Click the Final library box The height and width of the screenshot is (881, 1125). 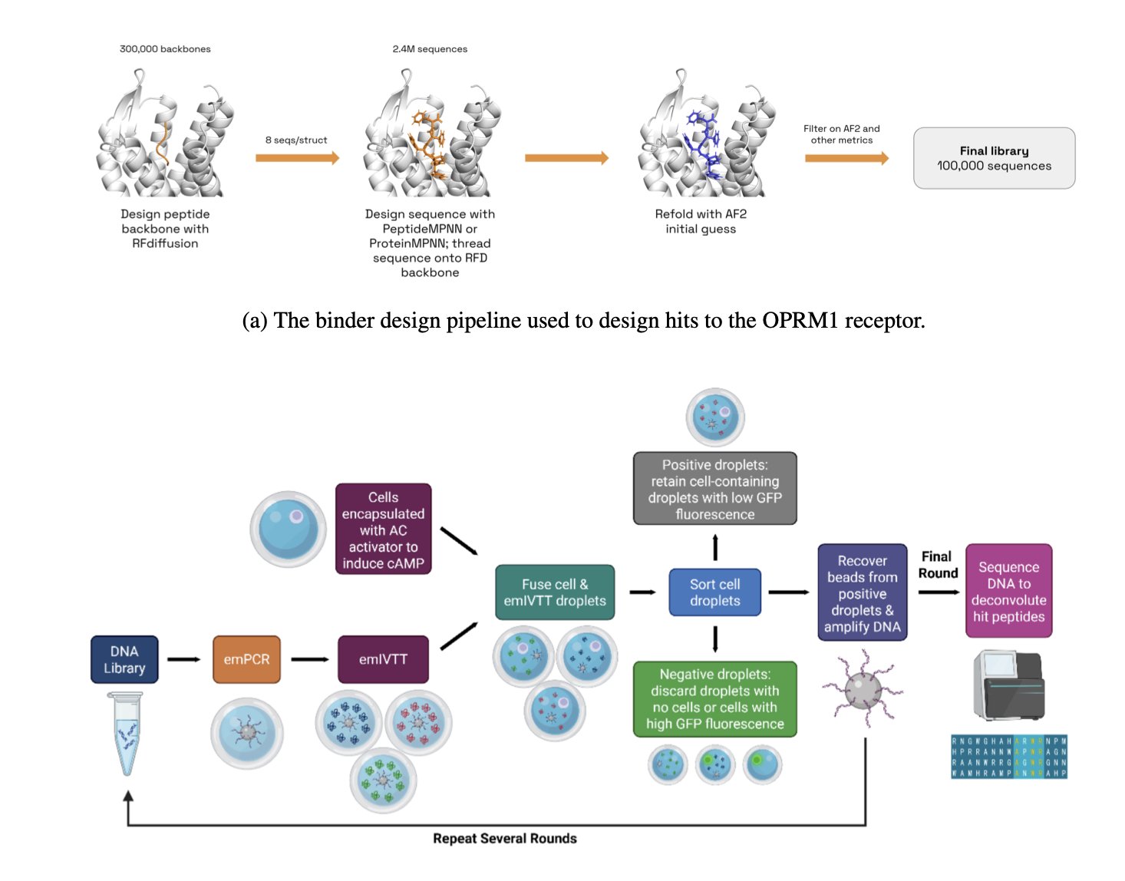click(994, 158)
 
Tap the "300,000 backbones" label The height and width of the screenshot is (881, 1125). click(165, 49)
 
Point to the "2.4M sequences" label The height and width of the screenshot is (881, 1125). click(430, 49)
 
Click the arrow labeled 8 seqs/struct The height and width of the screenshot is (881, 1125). click(297, 158)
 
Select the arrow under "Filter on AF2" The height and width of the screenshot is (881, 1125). click(846, 158)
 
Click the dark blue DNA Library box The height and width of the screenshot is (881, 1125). click(124, 659)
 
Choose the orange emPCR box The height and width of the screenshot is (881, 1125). click(246, 659)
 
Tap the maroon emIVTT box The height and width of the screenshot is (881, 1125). click(383, 659)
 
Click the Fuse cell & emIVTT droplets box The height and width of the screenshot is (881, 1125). click(555, 592)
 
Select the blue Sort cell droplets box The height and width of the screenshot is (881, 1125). click(714, 592)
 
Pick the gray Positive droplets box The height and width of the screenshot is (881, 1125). click(714, 489)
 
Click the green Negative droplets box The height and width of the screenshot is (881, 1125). click(714, 699)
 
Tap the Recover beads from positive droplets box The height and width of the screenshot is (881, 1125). click(862, 592)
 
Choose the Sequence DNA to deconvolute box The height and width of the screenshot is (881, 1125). click(1008, 591)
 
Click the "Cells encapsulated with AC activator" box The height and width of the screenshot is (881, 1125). click(383, 530)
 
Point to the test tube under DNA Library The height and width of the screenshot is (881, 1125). click(126, 733)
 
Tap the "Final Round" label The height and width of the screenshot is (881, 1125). click(938, 565)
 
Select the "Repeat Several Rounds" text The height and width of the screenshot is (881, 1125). click(504, 839)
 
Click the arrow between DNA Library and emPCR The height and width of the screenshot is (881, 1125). click(183, 659)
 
